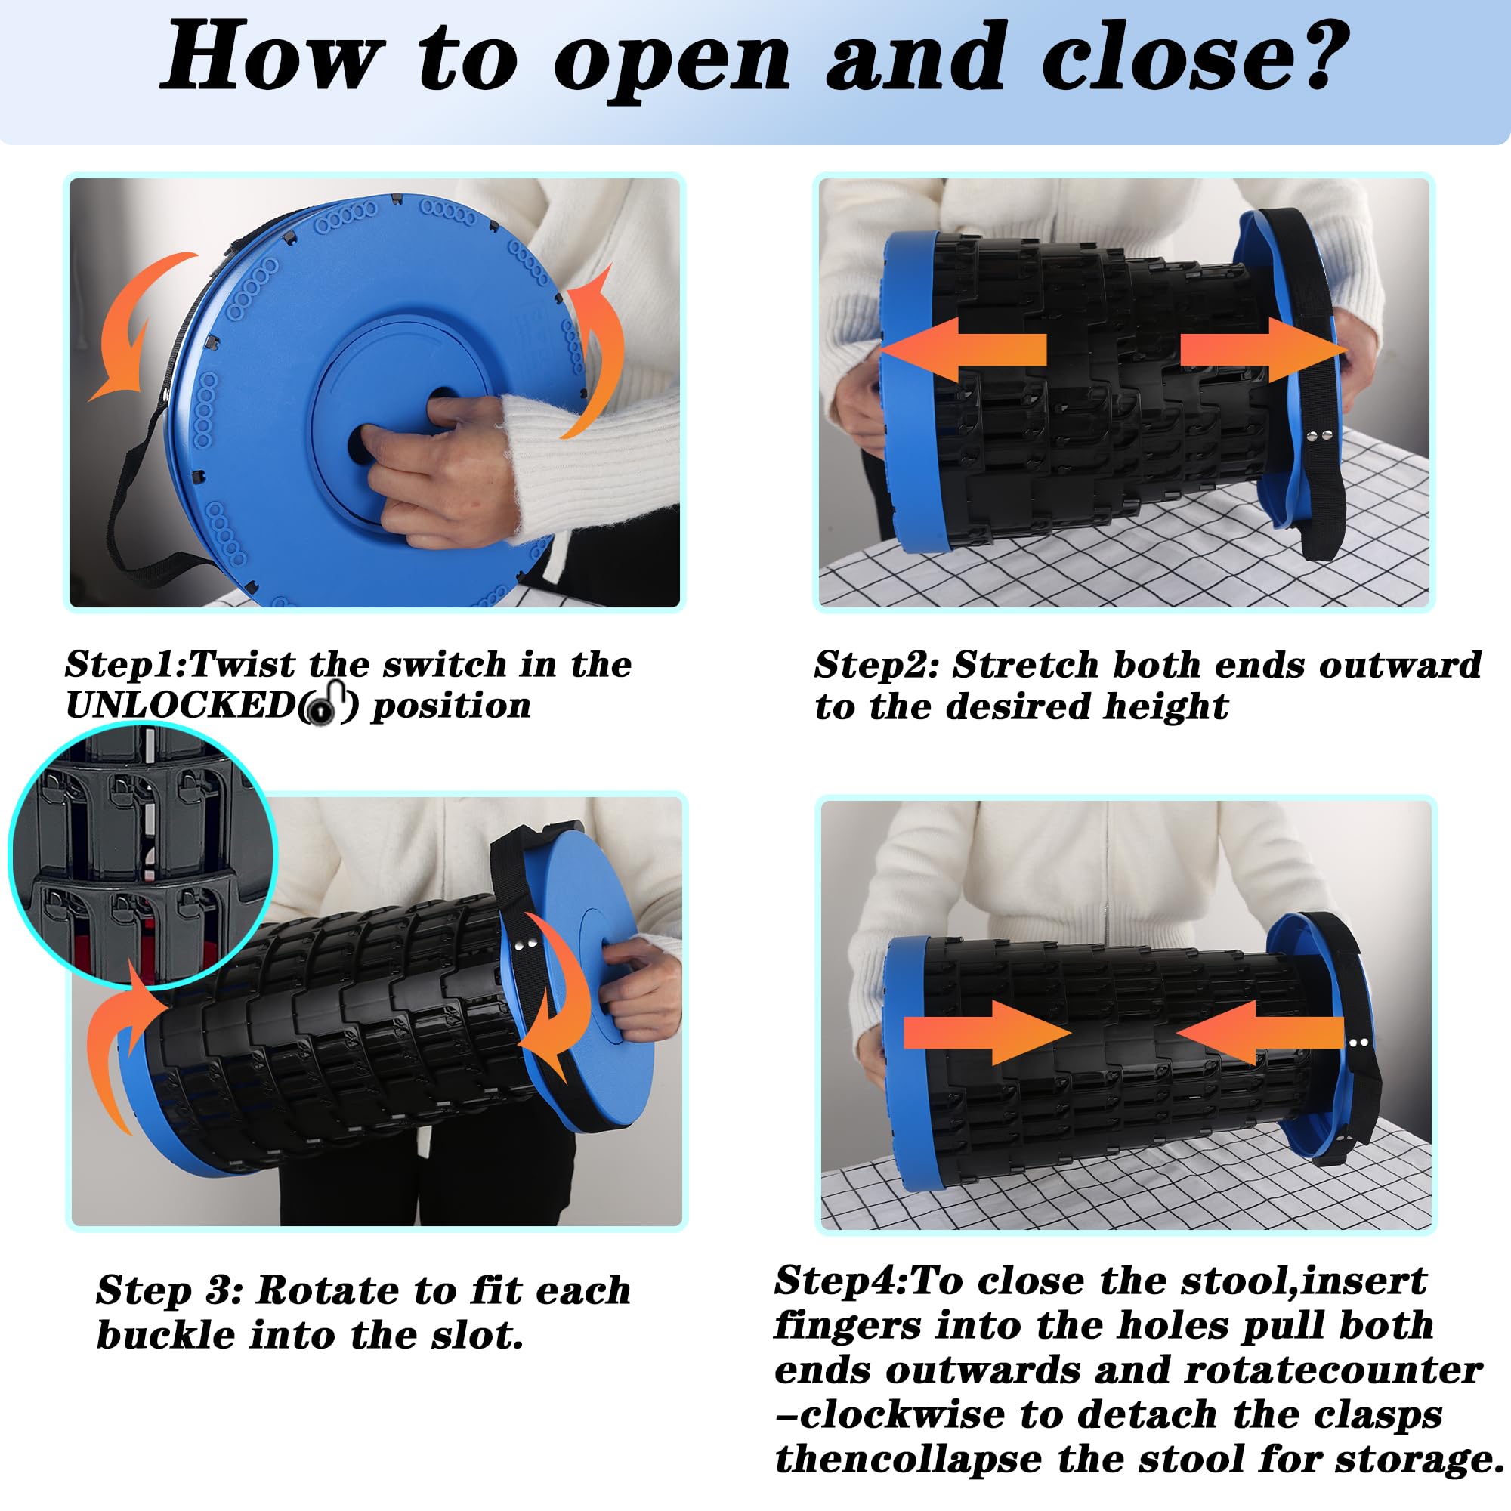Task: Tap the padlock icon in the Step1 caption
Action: pyautogui.click(x=329, y=703)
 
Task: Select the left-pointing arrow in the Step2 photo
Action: pyautogui.click(x=963, y=350)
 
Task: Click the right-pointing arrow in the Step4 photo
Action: pyautogui.click(x=987, y=1032)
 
